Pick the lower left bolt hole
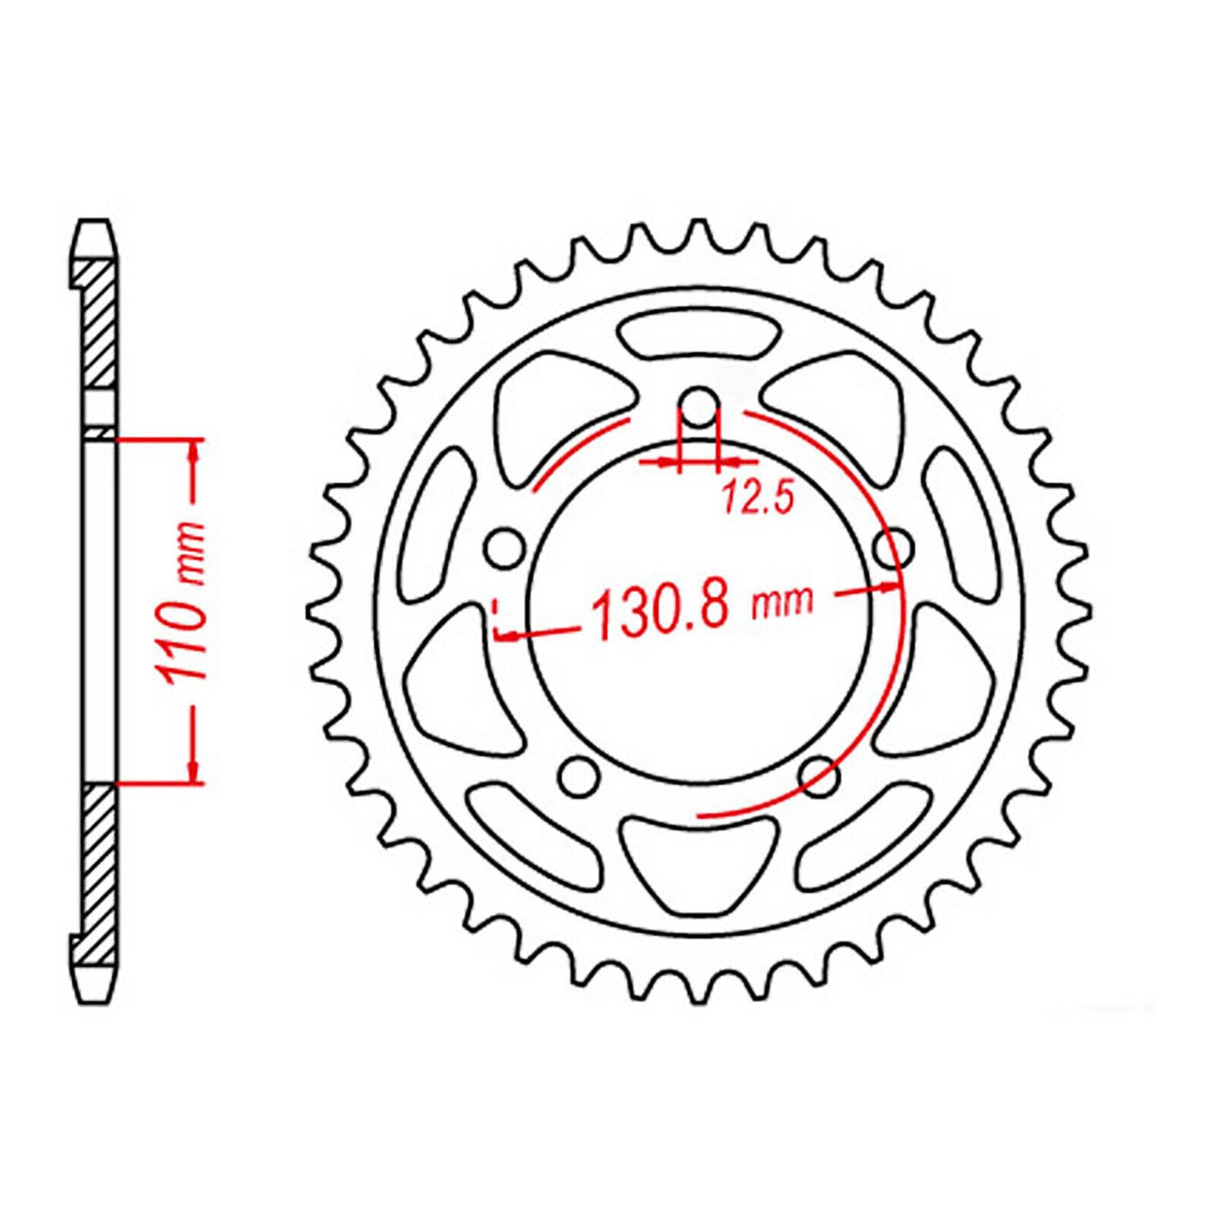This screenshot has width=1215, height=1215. tap(579, 775)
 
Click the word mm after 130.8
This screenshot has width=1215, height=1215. tap(782, 601)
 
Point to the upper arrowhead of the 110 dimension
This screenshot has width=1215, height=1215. tap(195, 454)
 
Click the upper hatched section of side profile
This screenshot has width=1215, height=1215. tap(99, 327)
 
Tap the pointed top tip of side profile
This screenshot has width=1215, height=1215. tap(95, 226)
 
